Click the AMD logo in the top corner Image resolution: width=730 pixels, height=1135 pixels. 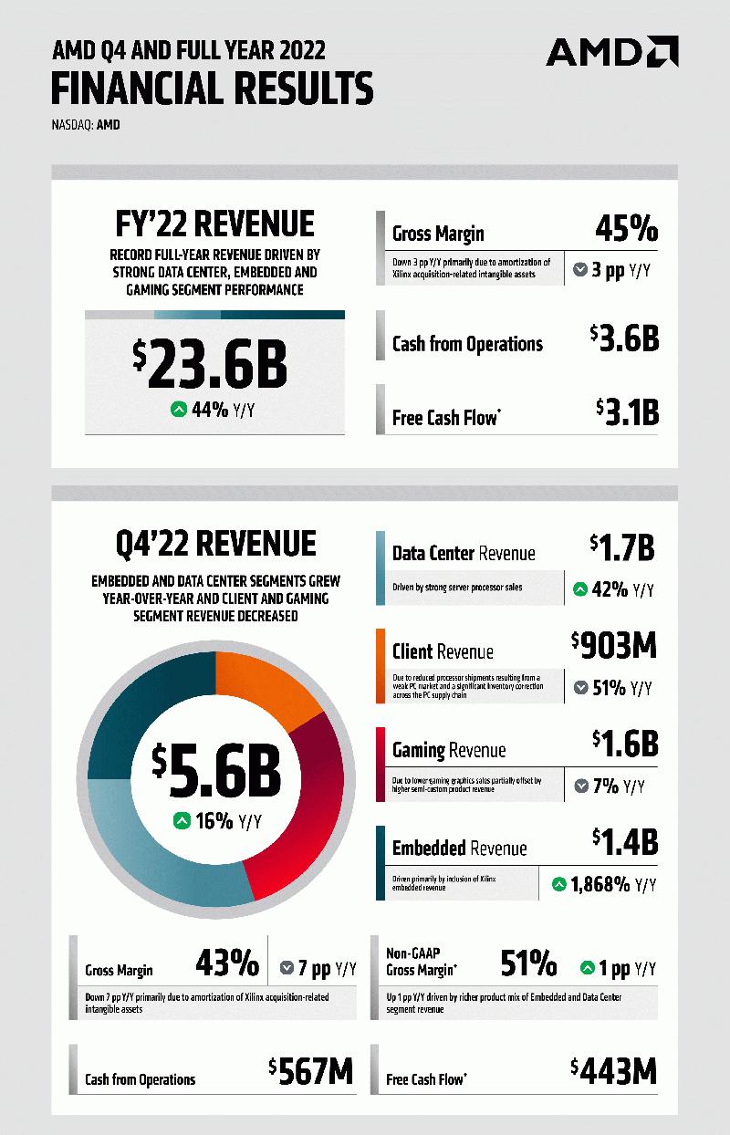(611, 52)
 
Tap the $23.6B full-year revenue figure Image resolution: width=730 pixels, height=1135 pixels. (210, 362)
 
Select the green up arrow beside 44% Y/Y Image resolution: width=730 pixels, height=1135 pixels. (179, 411)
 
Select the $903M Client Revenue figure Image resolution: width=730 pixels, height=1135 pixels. (614, 647)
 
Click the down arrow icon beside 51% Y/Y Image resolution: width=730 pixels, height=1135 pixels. (580, 688)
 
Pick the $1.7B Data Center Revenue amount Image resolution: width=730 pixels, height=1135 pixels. (624, 548)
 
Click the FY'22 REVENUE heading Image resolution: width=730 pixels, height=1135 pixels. (215, 224)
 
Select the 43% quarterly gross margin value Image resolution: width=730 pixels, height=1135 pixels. (227, 963)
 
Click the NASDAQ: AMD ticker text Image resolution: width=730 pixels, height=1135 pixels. (86, 125)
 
